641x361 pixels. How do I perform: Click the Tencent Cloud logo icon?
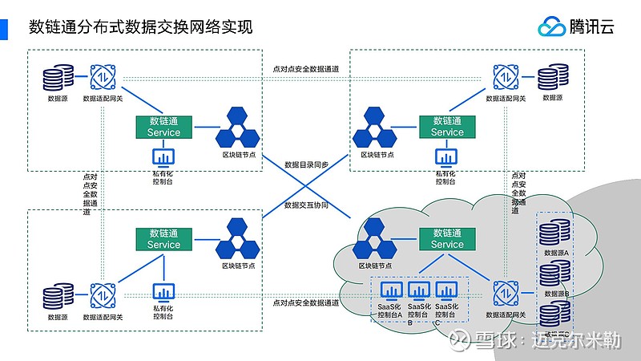[552, 26]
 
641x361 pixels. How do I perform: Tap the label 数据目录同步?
[306, 164]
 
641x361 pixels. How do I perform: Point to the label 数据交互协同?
[306, 205]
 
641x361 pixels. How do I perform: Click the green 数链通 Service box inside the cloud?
[447, 238]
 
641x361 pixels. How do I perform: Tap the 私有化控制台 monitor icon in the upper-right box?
[446, 156]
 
